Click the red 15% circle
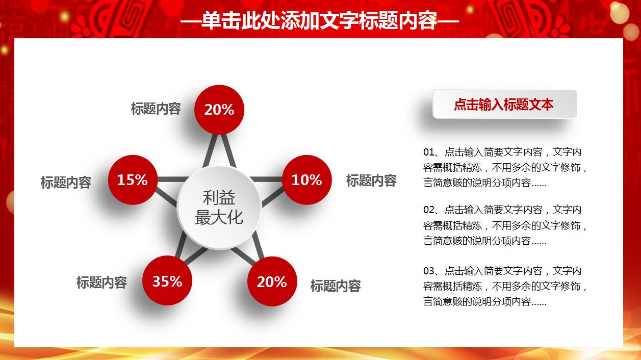[133, 180]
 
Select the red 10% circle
[306, 180]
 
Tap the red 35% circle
[167, 281]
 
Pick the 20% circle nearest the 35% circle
[272, 281]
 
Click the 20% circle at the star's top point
[219, 110]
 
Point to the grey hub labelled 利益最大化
[219, 208]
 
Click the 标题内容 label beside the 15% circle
[66, 182]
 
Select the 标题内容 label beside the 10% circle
[371, 180]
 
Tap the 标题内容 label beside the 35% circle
[101, 282]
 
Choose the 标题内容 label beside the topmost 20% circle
[156, 109]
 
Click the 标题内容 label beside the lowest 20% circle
[336, 286]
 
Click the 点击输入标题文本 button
[504, 105]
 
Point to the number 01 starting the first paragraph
[428, 152]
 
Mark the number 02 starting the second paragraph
[428, 210]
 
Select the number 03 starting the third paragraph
[428, 271]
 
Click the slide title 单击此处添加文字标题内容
[320, 21]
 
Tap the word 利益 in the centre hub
[219, 198]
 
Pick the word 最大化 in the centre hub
[219, 218]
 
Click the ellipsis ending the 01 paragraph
[539, 184]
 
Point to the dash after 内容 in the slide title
[448, 21]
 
